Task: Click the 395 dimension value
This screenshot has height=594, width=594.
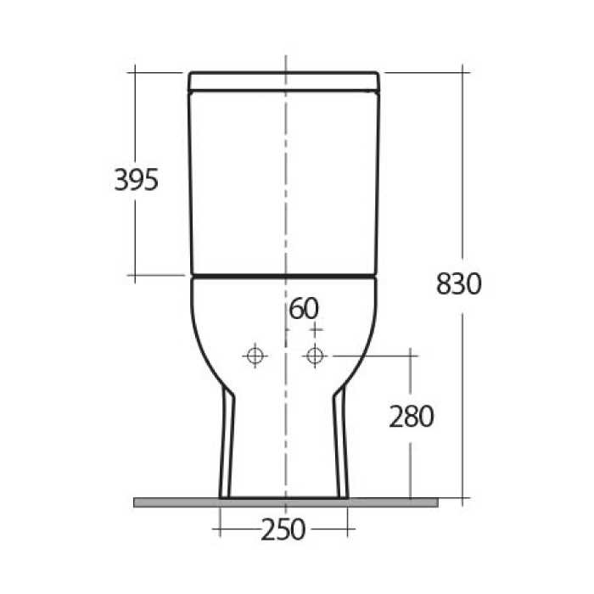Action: pyautogui.click(x=137, y=180)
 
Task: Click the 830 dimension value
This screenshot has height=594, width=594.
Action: pyautogui.click(x=459, y=283)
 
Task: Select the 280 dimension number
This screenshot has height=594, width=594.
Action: pyautogui.click(x=412, y=416)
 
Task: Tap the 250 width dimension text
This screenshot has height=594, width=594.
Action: pyautogui.click(x=283, y=530)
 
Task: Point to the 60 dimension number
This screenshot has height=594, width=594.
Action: pyautogui.click(x=304, y=308)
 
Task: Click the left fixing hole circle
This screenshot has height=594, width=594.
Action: pyautogui.click(x=254, y=356)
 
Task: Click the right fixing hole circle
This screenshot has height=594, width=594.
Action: pyautogui.click(x=316, y=356)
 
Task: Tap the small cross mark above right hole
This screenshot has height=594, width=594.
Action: pyautogui.click(x=316, y=328)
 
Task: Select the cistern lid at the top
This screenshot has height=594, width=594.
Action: pyautogui.click(x=283, y=81)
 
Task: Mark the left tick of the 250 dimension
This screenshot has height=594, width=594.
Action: pyautogui.click(x=220, y=529)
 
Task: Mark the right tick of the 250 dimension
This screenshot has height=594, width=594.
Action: pyautogui.click(x=349, y=529)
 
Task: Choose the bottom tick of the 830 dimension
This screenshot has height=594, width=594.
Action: pyautogui.click(x=464, y=498)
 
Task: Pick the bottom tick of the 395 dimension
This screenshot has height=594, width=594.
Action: pyautogui.click(x=136, y=275)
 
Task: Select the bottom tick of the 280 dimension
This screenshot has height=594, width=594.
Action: pyautogui.click(x=412, y=498)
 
